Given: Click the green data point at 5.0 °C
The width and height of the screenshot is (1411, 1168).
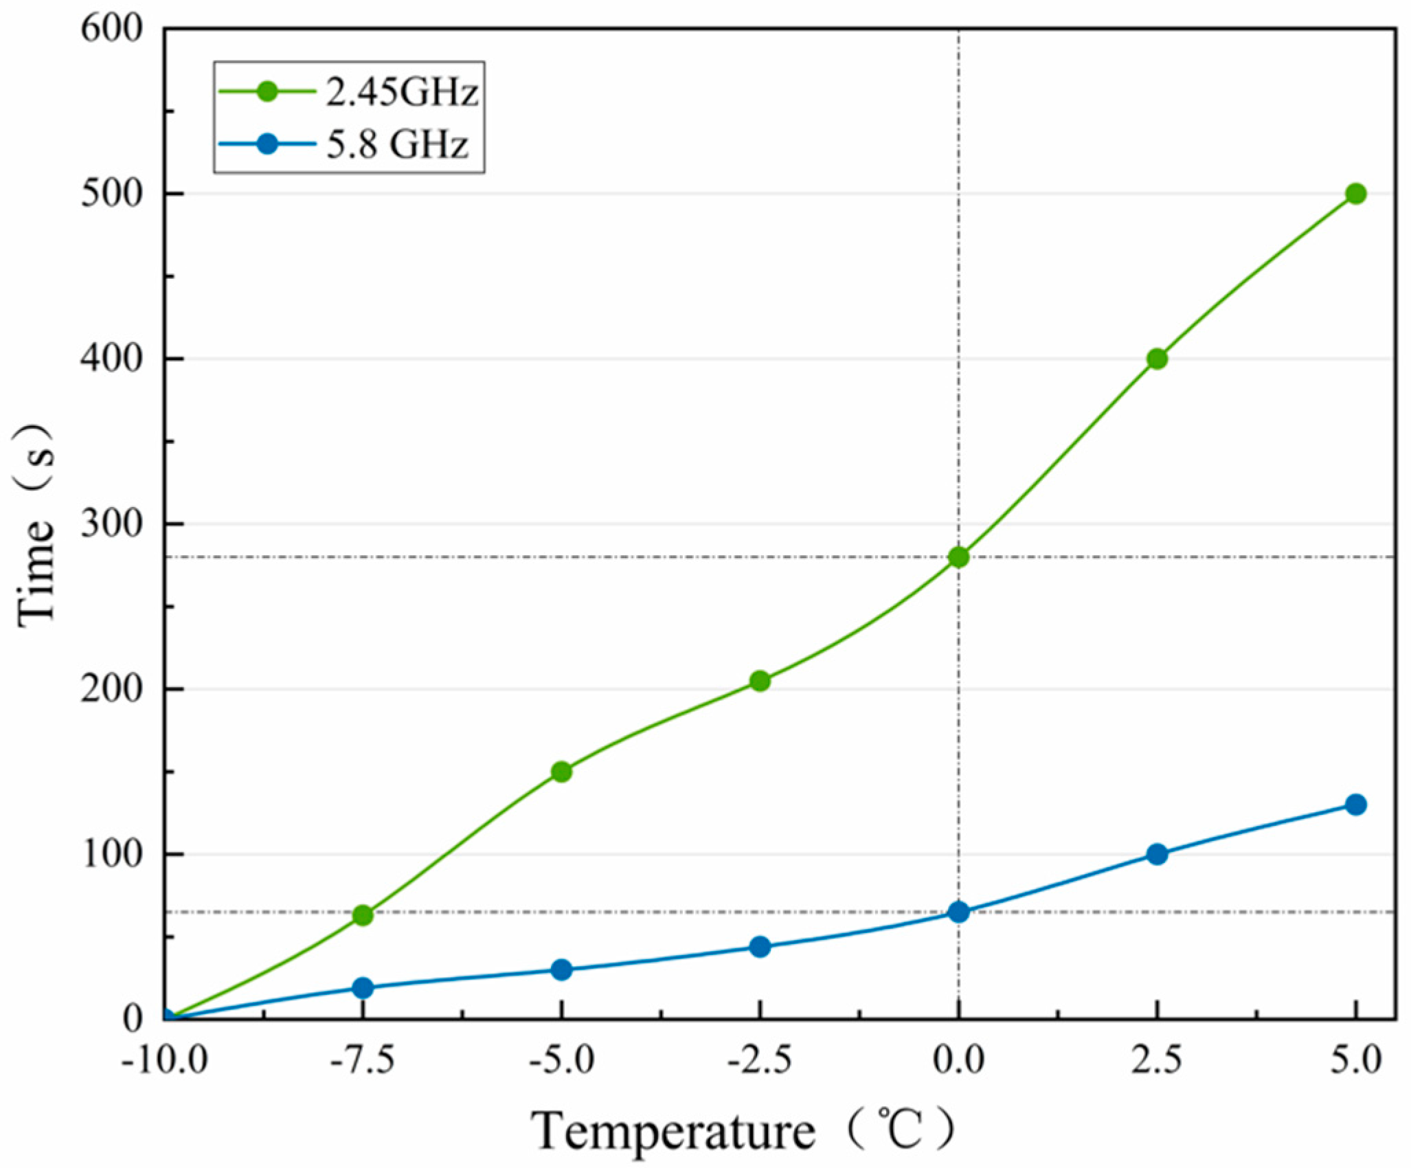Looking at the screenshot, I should pos(1355,194).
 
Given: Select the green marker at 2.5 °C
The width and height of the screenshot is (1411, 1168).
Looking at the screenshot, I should pos(1157,359).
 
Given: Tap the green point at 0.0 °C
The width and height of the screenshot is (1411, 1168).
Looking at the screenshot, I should pos(958,557).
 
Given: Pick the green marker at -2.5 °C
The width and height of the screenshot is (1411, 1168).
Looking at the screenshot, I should pos(760,681).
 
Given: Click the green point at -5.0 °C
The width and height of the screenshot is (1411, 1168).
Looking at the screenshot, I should pos(561,772).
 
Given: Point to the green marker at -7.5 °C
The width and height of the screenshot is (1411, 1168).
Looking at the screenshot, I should pos(363,915).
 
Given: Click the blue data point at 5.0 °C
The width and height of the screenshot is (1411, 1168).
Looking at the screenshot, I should pos(1355,805).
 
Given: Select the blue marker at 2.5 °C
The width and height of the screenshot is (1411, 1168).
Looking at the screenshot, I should pos(1157,854).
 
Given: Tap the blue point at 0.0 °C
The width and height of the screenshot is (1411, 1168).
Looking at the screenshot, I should pos(958,912).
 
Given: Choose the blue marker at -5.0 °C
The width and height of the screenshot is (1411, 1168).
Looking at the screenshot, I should pos(561,969).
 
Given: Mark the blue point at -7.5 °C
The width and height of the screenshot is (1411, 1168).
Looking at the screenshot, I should pos(363,987).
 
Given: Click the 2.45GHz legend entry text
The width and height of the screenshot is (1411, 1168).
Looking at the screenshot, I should pos(402,93).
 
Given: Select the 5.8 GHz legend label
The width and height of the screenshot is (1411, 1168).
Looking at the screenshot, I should pos(397,145).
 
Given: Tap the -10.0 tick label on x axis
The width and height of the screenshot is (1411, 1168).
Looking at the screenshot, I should pos(165,1062).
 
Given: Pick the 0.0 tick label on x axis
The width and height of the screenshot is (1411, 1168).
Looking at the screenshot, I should pos(958,1062).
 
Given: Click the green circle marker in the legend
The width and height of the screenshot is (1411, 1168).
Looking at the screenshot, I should pos(267,91).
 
